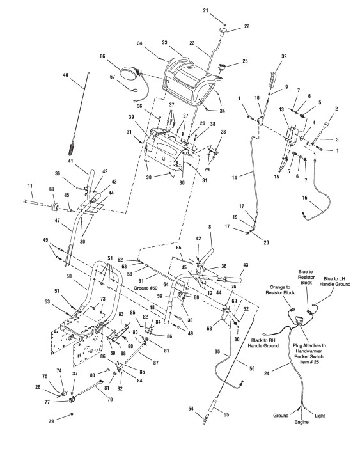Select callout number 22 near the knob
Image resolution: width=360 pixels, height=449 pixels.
pos(246,26)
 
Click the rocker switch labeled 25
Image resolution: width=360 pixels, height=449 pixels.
pos(223,67)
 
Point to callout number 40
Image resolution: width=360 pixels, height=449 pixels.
pos(65,75)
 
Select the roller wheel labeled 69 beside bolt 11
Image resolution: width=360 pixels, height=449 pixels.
pos(54,206)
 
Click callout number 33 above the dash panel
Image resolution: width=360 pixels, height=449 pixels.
pos(164,43)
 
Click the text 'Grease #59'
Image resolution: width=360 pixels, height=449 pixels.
pos(145,288)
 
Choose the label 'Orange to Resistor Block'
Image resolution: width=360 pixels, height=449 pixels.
pos(280,290)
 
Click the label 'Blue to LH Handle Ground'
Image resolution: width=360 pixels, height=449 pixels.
pos(335,281)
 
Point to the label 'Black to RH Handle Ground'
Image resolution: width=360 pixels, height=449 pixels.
pos(263,343)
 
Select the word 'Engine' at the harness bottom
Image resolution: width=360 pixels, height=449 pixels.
pos(302,422)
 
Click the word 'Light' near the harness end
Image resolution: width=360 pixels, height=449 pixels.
pos(320,416)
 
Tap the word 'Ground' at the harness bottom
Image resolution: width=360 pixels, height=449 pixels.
pos(281,416)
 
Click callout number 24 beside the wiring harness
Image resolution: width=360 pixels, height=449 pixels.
pos(267,374)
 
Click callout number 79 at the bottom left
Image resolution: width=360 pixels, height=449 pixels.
pos(51,421)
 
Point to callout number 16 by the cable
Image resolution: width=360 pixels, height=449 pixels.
pos(304,197)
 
